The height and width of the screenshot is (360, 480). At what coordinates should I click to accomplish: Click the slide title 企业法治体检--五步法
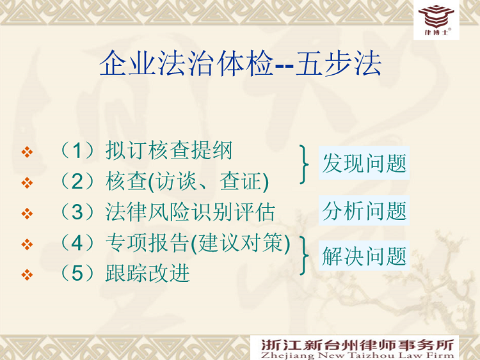coord(240,63)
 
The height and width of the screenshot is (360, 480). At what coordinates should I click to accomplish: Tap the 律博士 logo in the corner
coord(436,20)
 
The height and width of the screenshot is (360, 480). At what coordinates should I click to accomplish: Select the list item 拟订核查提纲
coord(169,150)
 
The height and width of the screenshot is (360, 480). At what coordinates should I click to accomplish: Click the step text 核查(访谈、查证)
coord(187,182)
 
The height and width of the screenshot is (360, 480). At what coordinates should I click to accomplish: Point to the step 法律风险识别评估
coord(190,212)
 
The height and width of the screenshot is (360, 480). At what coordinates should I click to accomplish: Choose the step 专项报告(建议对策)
coord(198,243)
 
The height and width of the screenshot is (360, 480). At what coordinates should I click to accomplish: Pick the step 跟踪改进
coord(148,273)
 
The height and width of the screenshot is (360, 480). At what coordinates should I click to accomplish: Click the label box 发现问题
coord(364,162)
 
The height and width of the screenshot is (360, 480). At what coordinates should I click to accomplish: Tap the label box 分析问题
coord(364,210)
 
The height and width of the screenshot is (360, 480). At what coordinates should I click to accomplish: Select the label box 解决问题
coord(364,256)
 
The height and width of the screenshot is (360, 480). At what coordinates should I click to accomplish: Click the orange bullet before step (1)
coord(28,152)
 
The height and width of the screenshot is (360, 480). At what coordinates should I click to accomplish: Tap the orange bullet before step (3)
coord(28,214)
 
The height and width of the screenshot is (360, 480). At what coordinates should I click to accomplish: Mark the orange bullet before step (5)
coord(28,274)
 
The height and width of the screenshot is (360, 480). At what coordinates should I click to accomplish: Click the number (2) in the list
coord(77,182)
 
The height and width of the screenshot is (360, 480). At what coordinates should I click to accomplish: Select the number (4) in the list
coord(77,243)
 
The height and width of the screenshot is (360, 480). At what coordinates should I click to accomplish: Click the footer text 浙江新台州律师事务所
coord(357,345)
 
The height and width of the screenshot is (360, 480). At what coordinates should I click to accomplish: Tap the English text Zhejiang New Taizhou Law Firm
coord(357,356)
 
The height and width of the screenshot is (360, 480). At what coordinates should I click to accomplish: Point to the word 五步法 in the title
coord(339,63)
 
